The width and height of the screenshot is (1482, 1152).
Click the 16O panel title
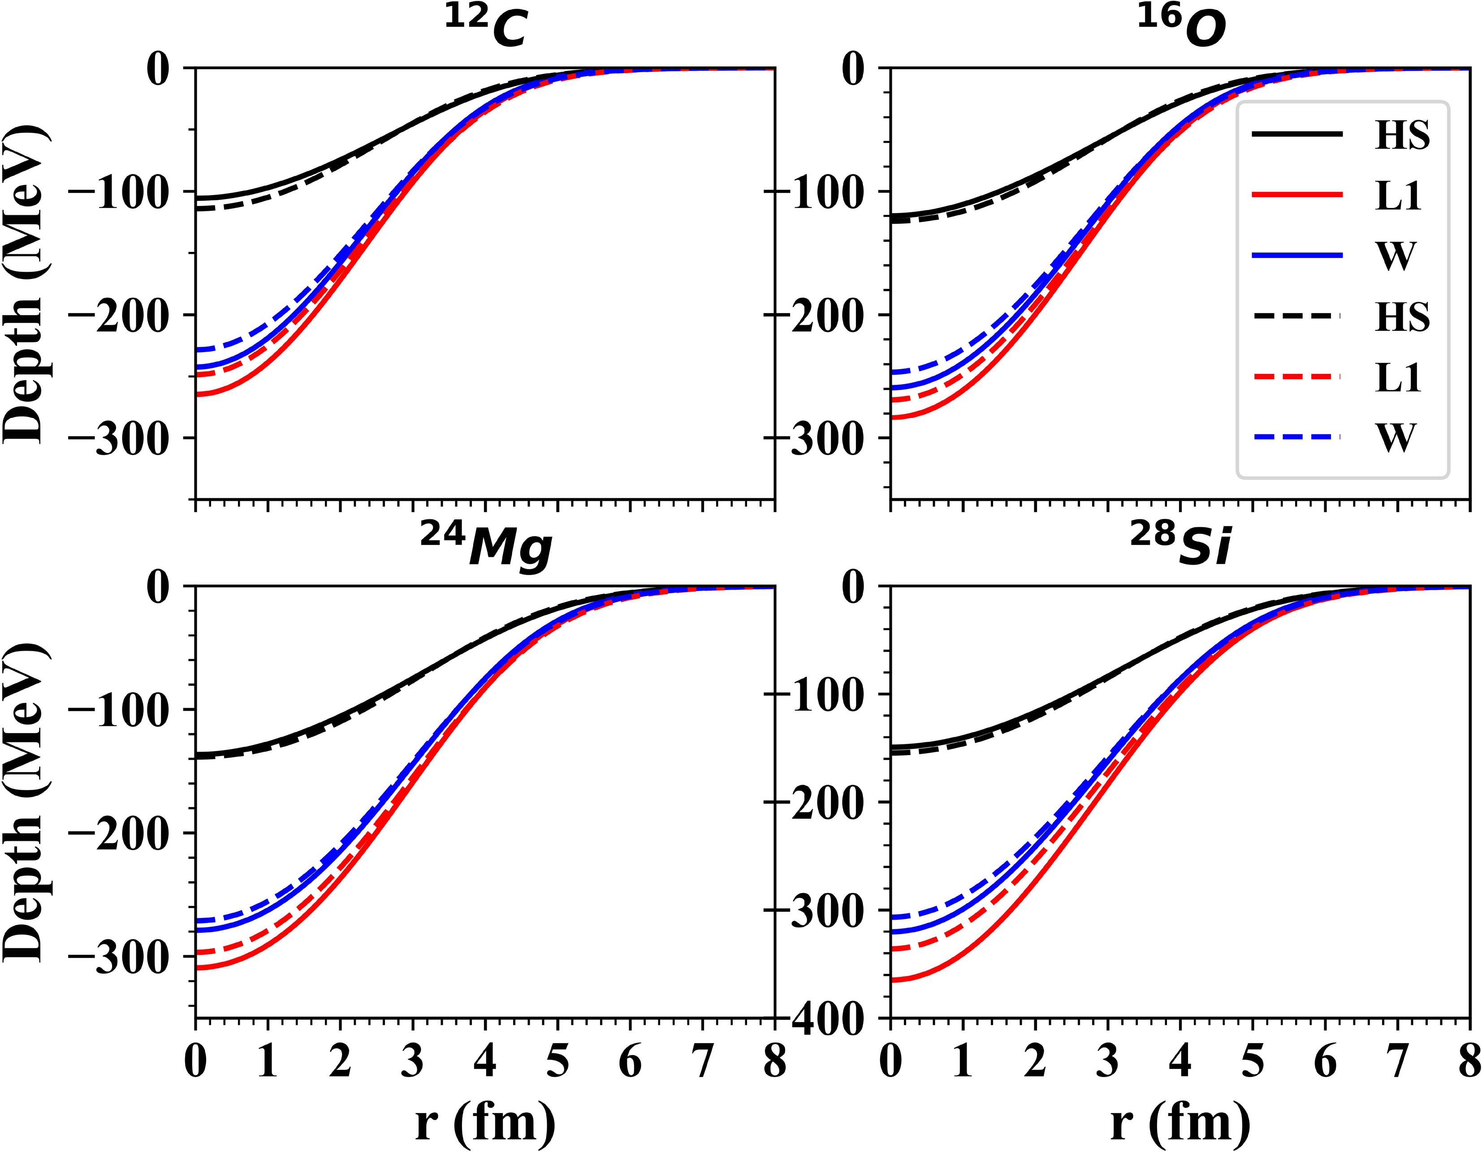1181,29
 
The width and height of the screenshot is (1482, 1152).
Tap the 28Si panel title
1181,547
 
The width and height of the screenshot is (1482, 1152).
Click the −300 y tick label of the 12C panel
119,438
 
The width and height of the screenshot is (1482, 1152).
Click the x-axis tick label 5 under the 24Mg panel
558,1061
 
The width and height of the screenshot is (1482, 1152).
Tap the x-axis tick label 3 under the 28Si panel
1108,1061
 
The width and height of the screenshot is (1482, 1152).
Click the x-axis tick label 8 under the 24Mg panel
774,1061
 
